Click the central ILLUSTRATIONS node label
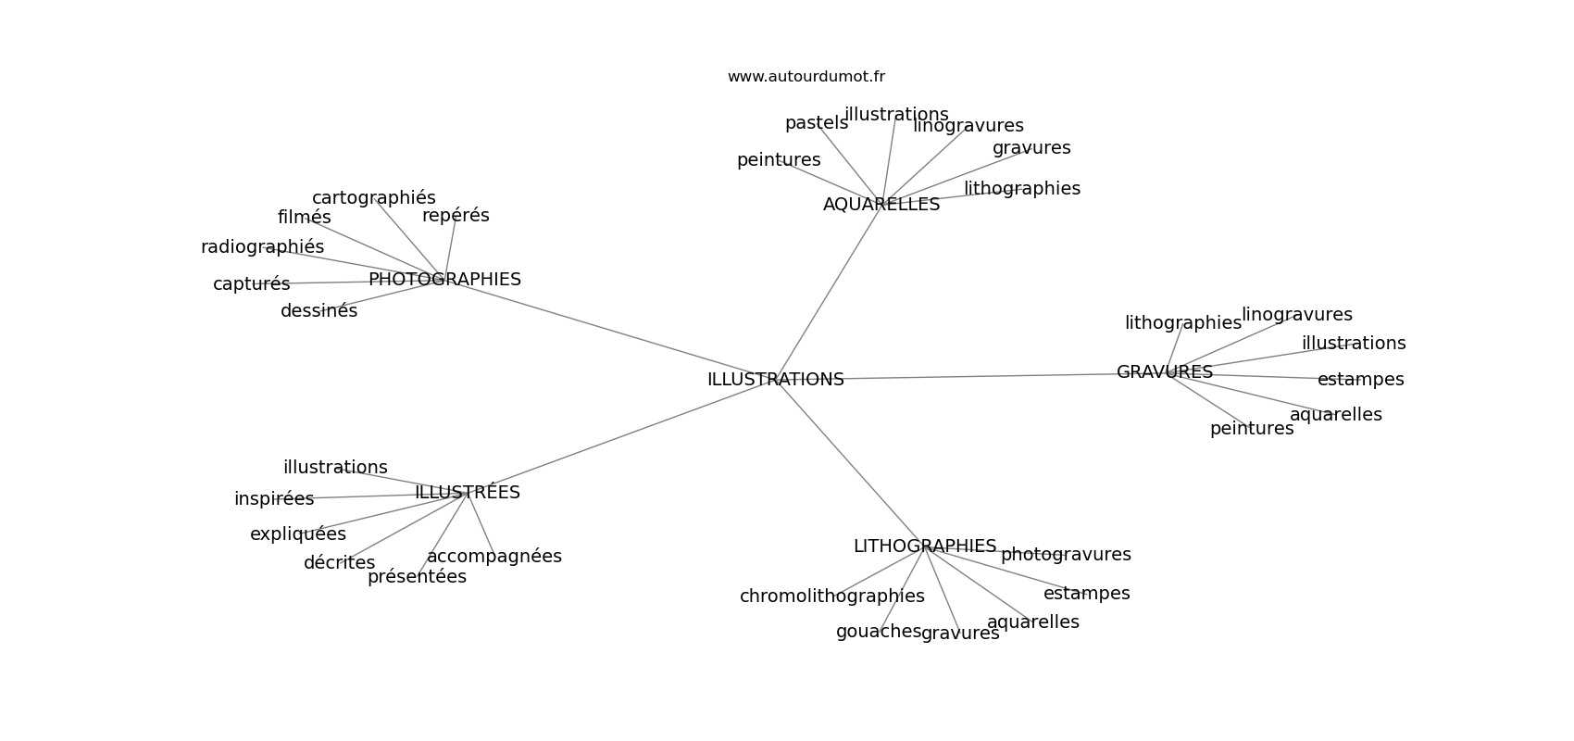[x=775, y=380]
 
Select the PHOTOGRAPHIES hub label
[x=444, y=279]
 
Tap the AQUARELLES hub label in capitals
[x=881, y=205]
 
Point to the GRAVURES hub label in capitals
[x=1165, y=372]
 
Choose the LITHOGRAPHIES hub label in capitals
[x=925, y=546]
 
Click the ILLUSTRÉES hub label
[x=468, y=492]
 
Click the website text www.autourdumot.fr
[x=806, y=77]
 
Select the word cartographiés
[x=374, y=198]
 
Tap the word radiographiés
[x=262, y=247]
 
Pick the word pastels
[x=817, y=123]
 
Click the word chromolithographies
[x=832, y=597]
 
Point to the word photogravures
[x=1066, y=555]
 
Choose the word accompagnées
[x=494, y=557]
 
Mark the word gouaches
[x=879, y=632]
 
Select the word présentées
[x=417, y=577]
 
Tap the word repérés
[x=456, y=216]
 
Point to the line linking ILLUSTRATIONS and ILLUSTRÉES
[x=622, y=436]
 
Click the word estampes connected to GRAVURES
[x=1360, y=380]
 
